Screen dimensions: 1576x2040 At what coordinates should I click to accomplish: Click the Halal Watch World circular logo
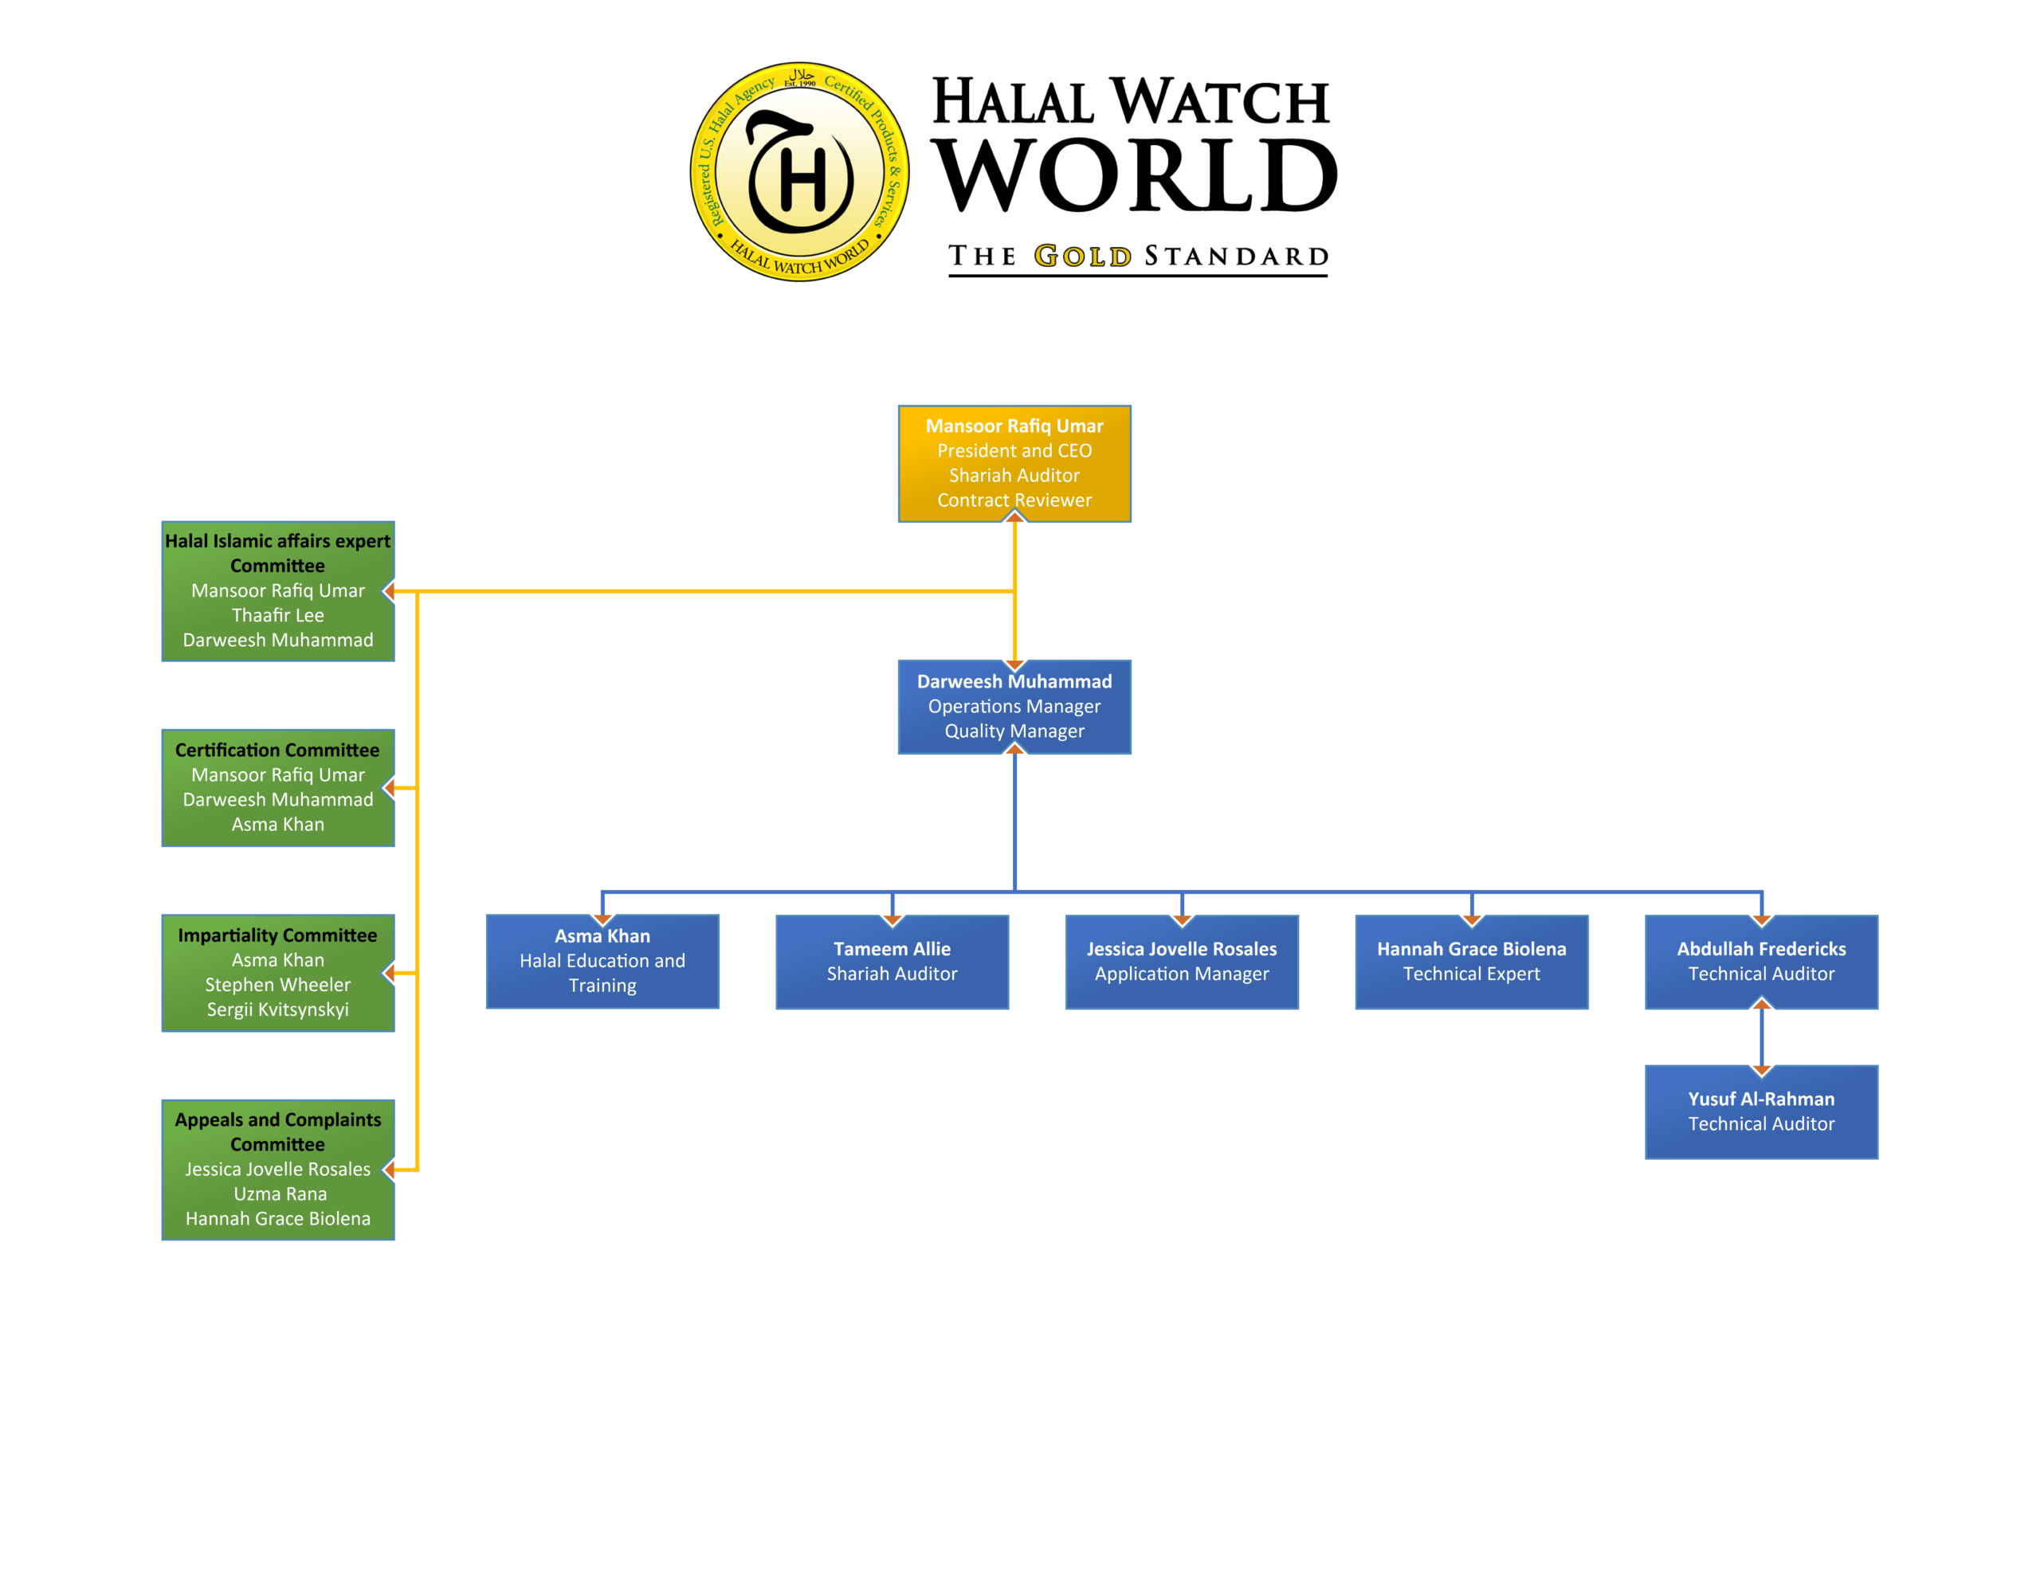(x=799, y=172)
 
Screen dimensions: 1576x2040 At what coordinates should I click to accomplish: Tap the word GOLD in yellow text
(x=1083, y=256)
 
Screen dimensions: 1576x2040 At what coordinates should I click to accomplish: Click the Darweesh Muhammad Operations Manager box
(x=1014, y=706)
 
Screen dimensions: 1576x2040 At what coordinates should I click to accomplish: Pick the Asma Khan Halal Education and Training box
(x=602, y=960)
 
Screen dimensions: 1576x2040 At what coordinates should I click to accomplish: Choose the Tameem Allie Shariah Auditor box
(x=892, y=961)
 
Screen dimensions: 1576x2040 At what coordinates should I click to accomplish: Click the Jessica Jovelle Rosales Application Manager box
(x=1182, y=961)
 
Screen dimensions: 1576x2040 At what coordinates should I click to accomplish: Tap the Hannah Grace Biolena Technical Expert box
(x=1471, y=961)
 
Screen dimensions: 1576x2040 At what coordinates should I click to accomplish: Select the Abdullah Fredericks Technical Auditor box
(x=1761, y=961)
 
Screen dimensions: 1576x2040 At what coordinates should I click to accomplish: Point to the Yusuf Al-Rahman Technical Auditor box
(x=1761, y=1111)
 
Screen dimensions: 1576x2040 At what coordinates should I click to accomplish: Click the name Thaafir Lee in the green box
(x=278, y=616)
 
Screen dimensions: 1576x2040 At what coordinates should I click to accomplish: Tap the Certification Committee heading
(x=277, y=751)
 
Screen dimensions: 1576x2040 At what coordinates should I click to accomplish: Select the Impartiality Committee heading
(x=277, y=935)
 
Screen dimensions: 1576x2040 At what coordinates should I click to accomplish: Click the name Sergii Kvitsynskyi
(x=278, y=1010)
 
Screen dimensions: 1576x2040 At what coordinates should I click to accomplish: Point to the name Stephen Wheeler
(x=278, y=985)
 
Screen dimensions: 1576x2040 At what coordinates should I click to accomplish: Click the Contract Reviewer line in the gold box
(x=1014, y=500)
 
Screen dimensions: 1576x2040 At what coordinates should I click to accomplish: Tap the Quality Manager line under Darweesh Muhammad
(x=1014, y=731)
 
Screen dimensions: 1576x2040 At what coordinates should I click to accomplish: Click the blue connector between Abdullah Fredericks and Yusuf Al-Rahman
(x=1762, y=1037)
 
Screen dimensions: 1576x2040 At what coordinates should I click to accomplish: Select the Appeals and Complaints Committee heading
(x=277, y=1131)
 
